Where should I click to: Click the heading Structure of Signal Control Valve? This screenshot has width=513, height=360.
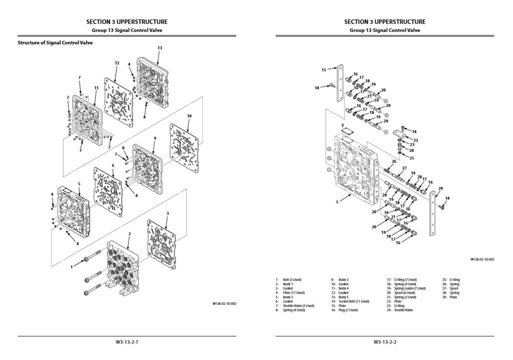click(55, 43)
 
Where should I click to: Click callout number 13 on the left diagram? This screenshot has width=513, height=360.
click(160, 48)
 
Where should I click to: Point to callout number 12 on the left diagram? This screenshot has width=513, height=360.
click(117, 63)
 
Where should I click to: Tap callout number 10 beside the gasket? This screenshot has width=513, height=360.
click(189, 116)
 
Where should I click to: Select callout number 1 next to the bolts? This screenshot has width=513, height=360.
click(72, 267)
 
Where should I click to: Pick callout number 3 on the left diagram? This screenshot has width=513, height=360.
click(167, 213)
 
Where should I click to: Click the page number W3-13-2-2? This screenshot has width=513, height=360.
click(385, 342)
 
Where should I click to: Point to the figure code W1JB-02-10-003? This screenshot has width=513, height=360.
click(482, 260)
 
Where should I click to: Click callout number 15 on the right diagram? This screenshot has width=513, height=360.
click(324, 70)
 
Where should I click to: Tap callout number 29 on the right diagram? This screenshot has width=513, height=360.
click(440, 189)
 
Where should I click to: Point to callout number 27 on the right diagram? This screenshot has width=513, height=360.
click(404, 168)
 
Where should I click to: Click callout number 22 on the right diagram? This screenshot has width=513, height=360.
click(416, 140)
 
